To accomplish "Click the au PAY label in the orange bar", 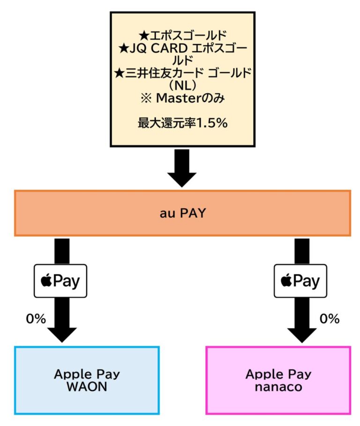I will [182, 213].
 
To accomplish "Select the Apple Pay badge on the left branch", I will [60, 281].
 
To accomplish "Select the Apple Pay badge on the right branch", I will [300, 281].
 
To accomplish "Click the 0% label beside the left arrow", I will [36, 319].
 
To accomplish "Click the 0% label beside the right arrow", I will [329, 319].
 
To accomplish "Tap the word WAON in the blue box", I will [87, 388].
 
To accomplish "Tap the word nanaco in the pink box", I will [278, 388].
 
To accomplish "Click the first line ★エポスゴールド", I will [182, 35].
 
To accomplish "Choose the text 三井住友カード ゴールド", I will [187, 73].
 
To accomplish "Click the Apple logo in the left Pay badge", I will [46, 281].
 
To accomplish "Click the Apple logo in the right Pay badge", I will [285, 281].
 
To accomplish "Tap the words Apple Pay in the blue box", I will [87, 374].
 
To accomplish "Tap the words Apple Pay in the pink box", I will [278, 374].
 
